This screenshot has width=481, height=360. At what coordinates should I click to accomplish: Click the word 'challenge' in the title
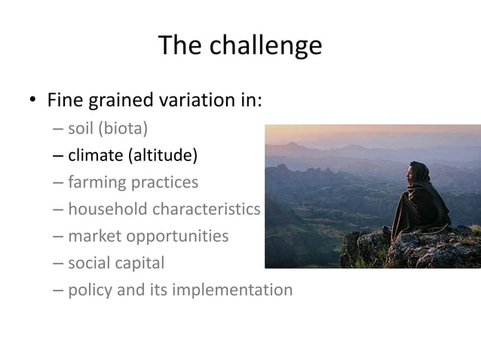tap(266, 47)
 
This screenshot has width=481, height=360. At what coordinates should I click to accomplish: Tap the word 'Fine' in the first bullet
tap(65, 100)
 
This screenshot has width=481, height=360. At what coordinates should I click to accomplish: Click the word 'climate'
tap(95, 156)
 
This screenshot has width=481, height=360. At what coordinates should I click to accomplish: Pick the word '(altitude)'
tap(162, 156)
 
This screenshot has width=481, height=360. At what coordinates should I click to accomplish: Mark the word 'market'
tap(93, 236)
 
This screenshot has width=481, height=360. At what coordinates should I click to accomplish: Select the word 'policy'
tap(90, 290)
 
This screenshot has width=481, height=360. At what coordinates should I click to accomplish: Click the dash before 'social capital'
tap(59, 264)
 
